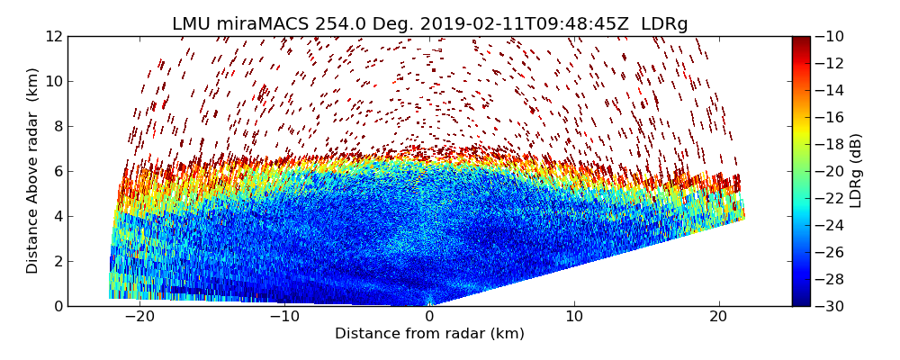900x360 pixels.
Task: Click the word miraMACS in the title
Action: [265, 24]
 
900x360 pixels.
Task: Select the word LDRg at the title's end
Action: [664, 24]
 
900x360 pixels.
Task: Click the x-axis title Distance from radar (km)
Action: [429, 334]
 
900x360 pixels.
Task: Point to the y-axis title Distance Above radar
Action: [33, 170]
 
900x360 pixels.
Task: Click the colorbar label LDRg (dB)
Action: [856, 170]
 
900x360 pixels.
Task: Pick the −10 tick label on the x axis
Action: [283, 317]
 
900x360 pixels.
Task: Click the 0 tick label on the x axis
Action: [429, 317]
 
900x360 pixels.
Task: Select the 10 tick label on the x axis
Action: [574, 317]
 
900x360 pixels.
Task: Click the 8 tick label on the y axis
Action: [58, 126]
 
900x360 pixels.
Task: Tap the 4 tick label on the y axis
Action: [58, 216]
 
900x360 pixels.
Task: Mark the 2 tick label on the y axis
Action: [58, 261]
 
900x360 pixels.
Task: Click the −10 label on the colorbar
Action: [831, 36]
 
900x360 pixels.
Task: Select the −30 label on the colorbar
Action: [831, 306]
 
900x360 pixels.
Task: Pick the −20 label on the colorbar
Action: [831, 171]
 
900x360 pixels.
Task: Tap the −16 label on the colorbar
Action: [831, 117]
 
